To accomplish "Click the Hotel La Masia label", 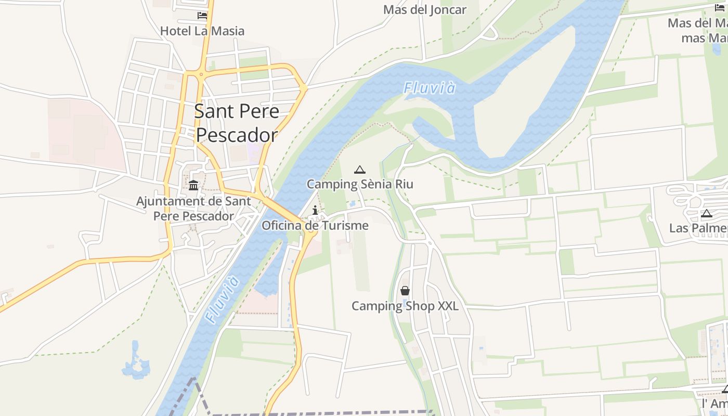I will point(202,31).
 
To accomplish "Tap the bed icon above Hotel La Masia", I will point(202,16).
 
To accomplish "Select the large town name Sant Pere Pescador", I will point(237,123).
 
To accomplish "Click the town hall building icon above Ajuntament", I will point(193,185).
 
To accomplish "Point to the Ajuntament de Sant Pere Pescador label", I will point(193,208).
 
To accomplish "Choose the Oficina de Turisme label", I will point(315,226).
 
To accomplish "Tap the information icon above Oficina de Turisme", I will point(315,210).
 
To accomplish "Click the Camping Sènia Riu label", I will point(360,184).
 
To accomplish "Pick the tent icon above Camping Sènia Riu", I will point(359,170).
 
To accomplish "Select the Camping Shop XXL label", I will point(405,306).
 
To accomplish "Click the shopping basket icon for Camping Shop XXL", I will point(405,291).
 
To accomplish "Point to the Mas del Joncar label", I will point(425,9).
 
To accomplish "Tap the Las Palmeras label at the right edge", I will point(698,228).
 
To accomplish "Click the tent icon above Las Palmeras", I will point(706,213).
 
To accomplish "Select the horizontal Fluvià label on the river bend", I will point(430,88).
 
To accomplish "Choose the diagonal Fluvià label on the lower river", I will point(222,300).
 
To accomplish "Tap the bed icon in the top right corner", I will point(720,7).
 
